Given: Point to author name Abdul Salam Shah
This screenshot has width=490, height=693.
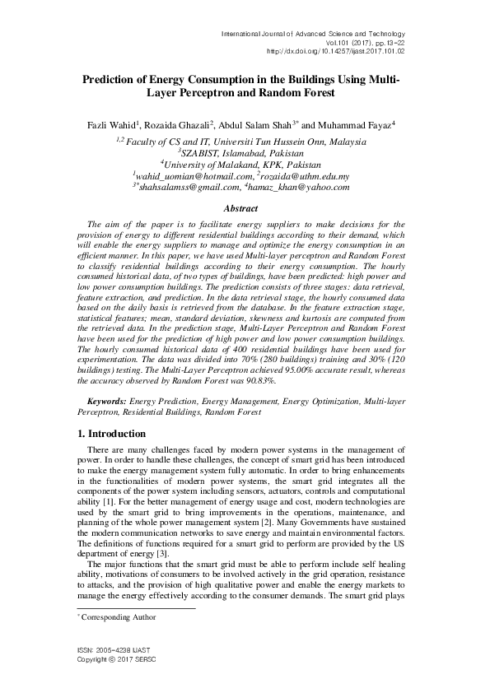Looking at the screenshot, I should pos(258,125).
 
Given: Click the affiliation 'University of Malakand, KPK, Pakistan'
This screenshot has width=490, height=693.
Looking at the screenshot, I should pos(245,165).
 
